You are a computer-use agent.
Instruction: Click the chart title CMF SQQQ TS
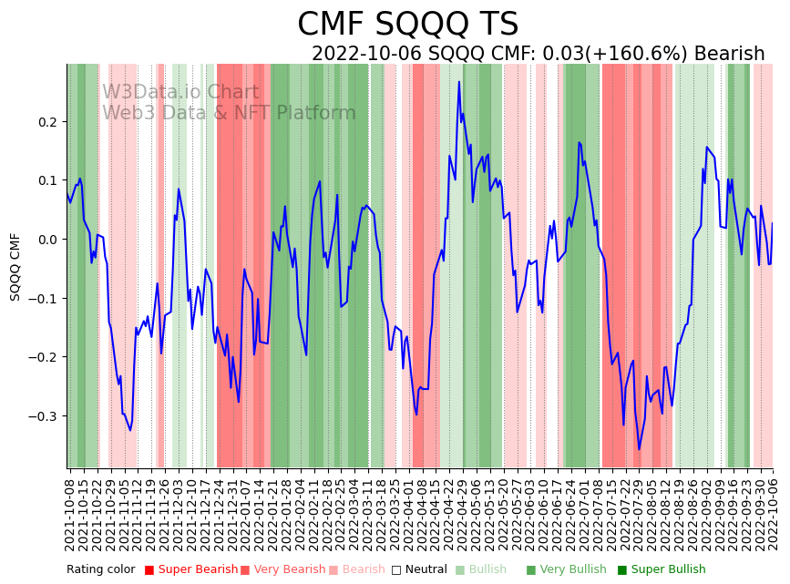coord(407,25)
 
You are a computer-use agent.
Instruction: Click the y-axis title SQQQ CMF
coord(15,266)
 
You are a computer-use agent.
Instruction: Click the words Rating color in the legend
coord(100,569)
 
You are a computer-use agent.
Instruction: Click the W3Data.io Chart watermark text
coord(180,92)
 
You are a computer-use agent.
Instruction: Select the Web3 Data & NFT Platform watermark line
coord(229,113)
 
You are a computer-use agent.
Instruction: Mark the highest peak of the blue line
coord(459,82)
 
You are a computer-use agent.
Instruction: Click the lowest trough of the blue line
coord(639,449)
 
